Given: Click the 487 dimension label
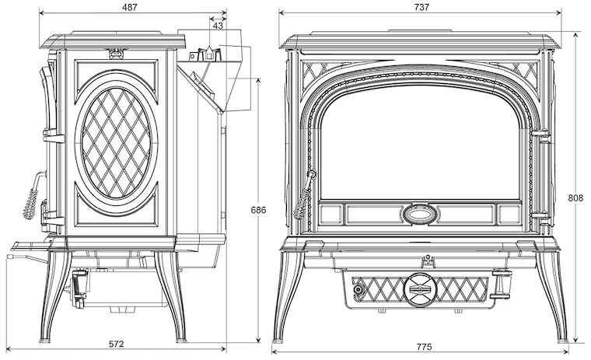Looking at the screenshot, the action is (130, 7).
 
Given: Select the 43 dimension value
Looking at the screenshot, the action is (218, 26).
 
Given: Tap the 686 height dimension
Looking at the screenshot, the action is (258, 210).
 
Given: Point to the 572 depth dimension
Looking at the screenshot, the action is (116, 344).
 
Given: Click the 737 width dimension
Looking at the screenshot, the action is (421, 7).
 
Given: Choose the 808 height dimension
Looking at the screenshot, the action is (575, 197).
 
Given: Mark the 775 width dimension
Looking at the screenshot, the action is (425, 347).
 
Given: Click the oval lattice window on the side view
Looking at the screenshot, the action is (116, 143).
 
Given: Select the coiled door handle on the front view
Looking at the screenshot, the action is (305, 197).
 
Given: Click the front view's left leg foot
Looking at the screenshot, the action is (278, 341).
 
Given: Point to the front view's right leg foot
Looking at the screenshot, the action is (563, 341).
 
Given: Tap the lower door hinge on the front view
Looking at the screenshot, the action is (541, 218).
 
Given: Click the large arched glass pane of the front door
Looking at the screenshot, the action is (419, 143).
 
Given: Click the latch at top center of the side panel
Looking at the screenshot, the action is (117, 53).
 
